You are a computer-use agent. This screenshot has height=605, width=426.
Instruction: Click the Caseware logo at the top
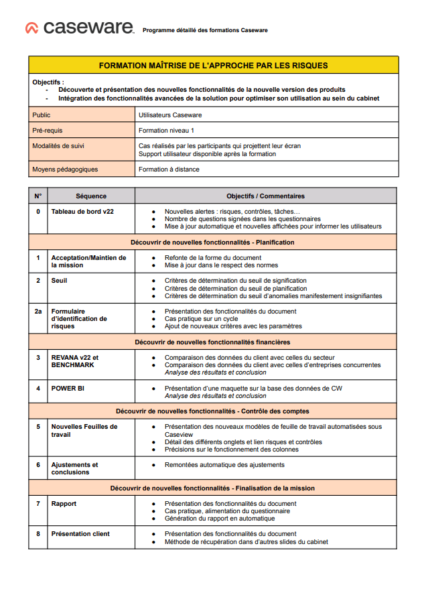point(79,28)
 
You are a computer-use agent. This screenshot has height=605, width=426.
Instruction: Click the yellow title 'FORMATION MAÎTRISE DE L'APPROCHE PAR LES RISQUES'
point(213,65)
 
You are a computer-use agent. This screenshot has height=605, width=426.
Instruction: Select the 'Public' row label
point(42,115)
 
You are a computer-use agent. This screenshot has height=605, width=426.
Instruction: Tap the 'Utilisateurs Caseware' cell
point(170,115)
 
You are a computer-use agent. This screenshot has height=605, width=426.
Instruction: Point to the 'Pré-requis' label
point(47,131)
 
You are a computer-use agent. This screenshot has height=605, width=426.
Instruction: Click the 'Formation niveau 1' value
point(167,131)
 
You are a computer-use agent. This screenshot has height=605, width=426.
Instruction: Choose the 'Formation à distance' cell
point(169,170)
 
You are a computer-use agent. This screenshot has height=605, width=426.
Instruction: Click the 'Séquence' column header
point(91,196)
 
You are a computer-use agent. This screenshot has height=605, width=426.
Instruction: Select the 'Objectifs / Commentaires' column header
point(265,196)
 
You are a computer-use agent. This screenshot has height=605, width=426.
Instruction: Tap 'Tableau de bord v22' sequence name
point(82,212)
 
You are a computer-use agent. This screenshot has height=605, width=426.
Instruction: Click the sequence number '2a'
point(38,312)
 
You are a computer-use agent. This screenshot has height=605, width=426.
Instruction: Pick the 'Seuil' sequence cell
point(59,281)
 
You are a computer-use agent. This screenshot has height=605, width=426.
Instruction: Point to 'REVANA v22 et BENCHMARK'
point(74,362)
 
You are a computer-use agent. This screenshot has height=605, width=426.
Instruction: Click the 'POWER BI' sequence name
point(68,388)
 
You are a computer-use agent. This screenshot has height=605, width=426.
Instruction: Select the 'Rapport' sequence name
point(64,504)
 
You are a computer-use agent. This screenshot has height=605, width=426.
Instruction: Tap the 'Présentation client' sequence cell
point(80,534)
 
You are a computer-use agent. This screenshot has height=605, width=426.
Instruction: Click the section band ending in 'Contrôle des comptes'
point(212,411)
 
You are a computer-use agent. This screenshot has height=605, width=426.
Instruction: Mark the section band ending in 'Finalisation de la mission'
point(212,488)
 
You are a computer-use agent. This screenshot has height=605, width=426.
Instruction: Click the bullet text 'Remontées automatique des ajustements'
point(224,465)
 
